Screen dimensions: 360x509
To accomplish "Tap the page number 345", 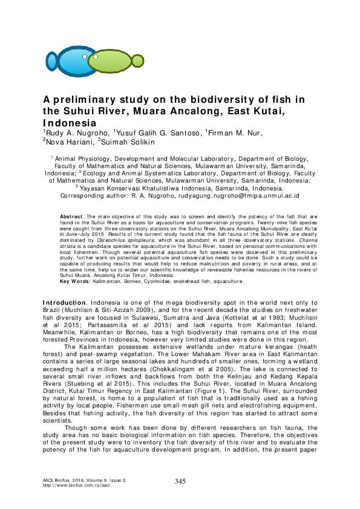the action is click(x=180, y=481).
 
